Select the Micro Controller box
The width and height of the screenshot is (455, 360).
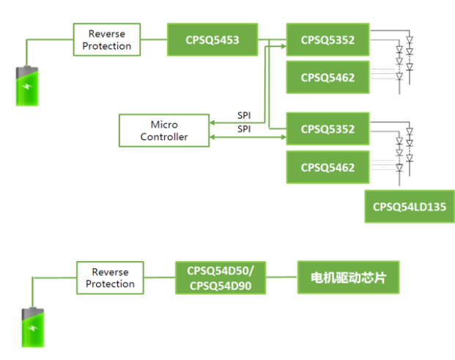(163, 131)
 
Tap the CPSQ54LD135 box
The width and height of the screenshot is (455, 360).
(409, 206)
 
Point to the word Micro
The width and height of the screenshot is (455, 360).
(164, 125)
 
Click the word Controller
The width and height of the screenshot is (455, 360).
(164, 136)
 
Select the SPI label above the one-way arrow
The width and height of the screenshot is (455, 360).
(244, 115)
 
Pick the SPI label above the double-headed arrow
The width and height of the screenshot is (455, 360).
(244, 128)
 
